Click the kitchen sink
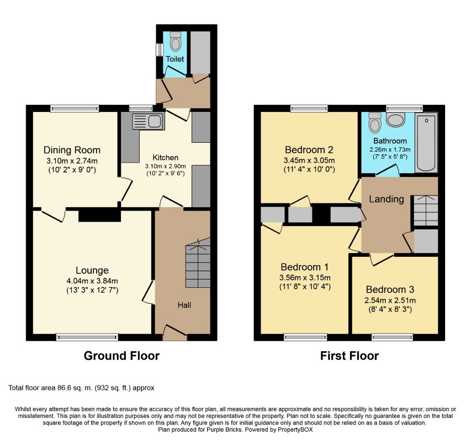tap(149, 121)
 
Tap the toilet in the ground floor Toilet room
tap(176, 41)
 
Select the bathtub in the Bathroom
tap(426, 143)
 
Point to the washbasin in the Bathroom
tap(395, 120)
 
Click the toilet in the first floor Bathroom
tap(375, 122)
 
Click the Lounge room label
tap(92, 271)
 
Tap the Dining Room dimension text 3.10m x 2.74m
tap(72, 161)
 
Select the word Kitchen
tap(166, 158)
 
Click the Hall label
tap(184, 305)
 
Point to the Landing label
tap(387, 199)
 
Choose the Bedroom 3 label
tap(390, 289)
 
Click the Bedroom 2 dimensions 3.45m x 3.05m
tap(309, 160)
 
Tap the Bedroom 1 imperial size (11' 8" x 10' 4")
tap(305, 287)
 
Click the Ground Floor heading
tap(121, 356)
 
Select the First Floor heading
tap(350, 356)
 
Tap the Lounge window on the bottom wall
tap(87, 337)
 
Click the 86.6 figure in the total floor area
tap(63, 388)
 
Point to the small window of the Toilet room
tap(159, 50)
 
